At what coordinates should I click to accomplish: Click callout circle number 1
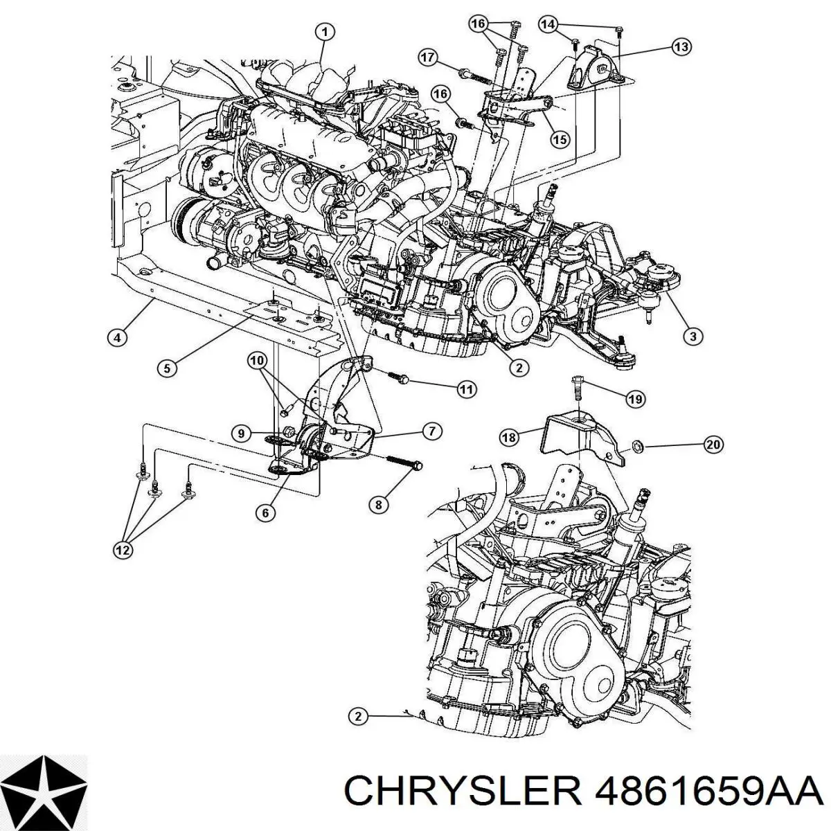(x=325, y=31)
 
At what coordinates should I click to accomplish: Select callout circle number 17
(x=427, y=57)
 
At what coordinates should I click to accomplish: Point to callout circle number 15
(x=560, y=139)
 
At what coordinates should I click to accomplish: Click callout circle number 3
(x=692, y=337)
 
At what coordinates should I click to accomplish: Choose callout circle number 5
(x=166, y=368)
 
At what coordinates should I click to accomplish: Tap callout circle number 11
(x=467, y=390)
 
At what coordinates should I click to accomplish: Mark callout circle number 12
(x=122, y=551)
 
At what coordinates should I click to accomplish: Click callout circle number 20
(x=713, y=445)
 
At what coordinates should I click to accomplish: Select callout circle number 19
(x=635, y=399)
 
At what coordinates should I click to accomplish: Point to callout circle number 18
(x=509, y=437)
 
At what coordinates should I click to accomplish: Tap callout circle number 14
(x=548, y=25)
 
